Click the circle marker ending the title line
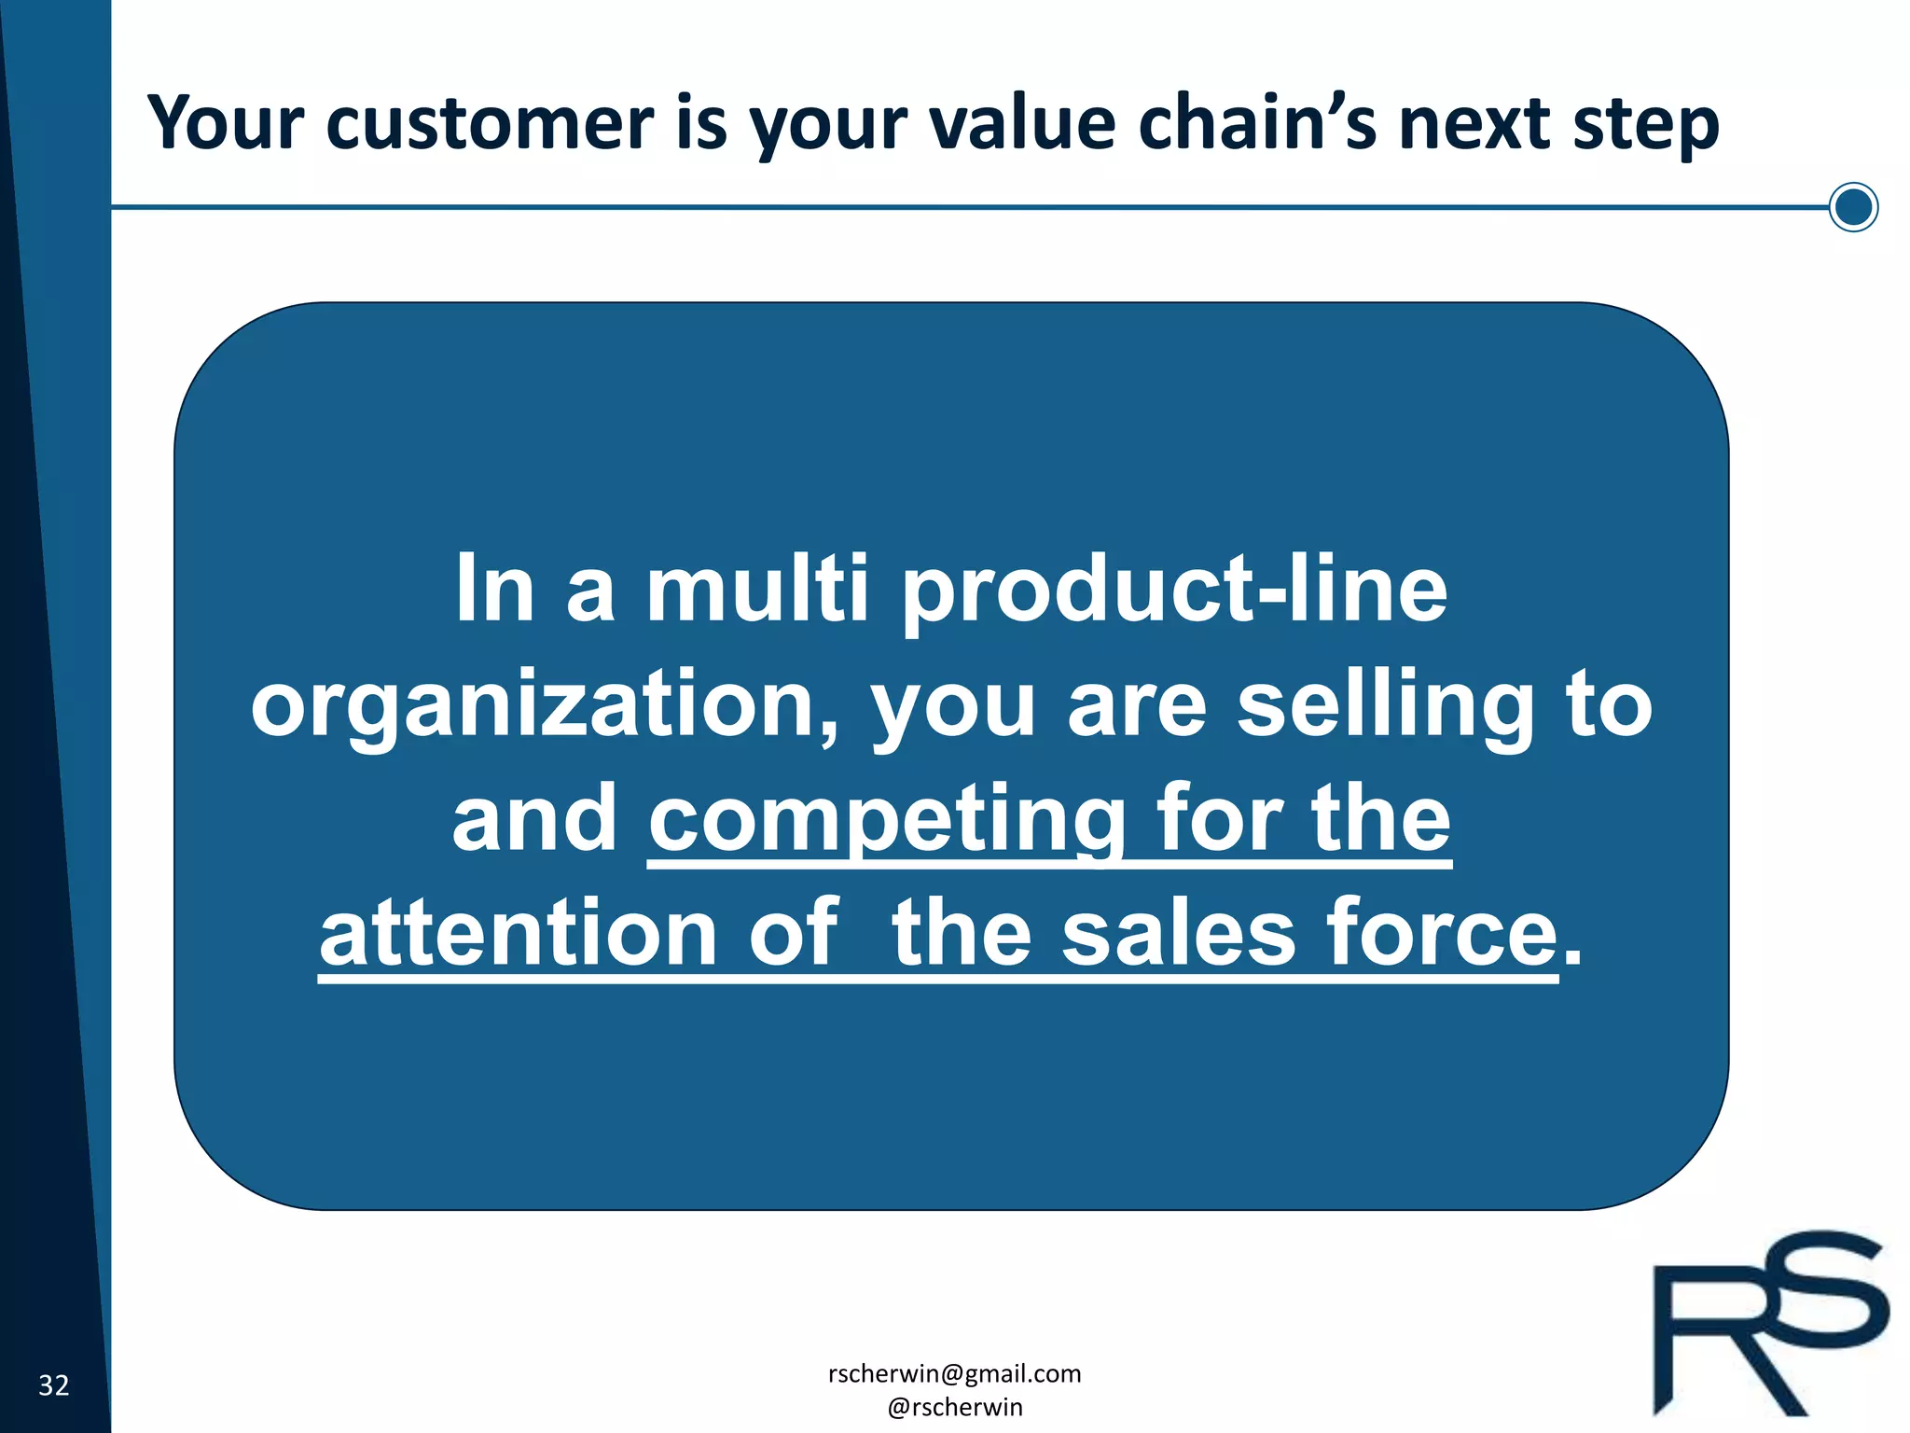[1853, 207]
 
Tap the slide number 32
[54, 1385]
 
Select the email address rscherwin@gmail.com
[954, 1373]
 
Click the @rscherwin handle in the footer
[954, 1407]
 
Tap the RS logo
[1769, 1325]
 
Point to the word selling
[1386, 705]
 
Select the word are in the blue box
[1138, 705]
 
